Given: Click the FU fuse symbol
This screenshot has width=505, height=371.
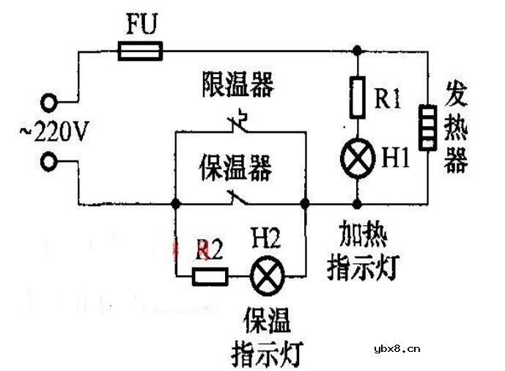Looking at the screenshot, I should point(141,51).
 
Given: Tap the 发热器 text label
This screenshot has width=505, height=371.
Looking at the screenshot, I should point(456,128).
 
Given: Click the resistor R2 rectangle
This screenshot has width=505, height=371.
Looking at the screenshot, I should point(210,276).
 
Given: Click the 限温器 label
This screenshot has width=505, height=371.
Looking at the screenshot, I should point(237,85).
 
